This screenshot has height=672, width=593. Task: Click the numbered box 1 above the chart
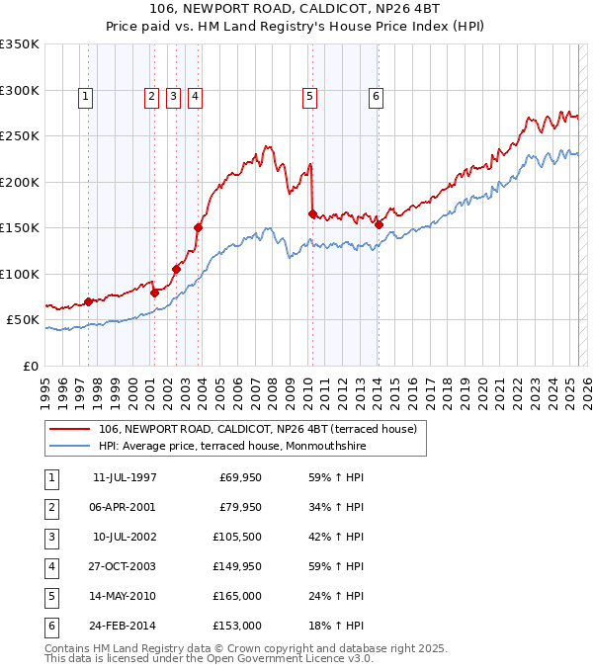87,97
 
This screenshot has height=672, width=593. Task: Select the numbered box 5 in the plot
310,97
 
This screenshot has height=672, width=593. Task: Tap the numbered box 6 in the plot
377,97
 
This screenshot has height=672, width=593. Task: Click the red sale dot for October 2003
198,227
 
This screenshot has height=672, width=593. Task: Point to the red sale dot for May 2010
312,213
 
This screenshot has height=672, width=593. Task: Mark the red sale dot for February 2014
379,224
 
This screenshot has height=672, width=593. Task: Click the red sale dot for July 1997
88,301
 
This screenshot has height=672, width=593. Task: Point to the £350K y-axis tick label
20,44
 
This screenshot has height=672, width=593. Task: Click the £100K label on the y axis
20,274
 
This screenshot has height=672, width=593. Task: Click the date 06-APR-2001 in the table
124,508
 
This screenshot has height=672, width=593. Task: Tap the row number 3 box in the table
50,538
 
